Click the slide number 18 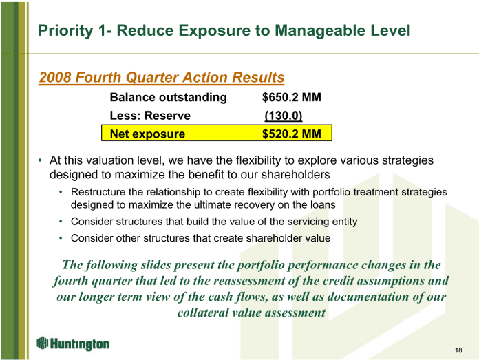click(x=458, y=350)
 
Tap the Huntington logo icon click(x=43, y=343)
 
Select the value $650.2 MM click(x=292, y=97)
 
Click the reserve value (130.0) click(x=284, y=116)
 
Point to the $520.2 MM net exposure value click(x=292, y=134)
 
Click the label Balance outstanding click(x=169, y=97)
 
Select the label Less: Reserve click(x=150, y=116)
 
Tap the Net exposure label click(x=147, y=134)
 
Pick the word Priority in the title click(x=65, y=31)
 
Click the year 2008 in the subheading click(x=55, y=77)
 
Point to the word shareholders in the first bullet click(x=295, y=175)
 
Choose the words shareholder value click(x=288, y=238)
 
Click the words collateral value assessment click(x=251, y=313)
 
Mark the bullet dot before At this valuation click(x=41, y=160)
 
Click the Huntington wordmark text click(x=80, y=343)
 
